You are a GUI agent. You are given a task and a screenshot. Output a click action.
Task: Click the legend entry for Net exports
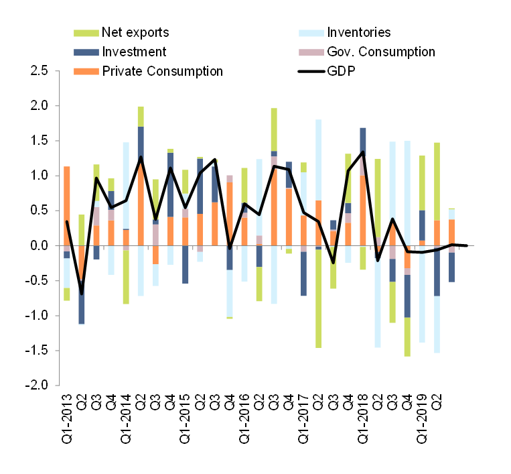click(x=135, y=32)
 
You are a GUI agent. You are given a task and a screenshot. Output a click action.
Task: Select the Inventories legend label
click(x=358, y=32)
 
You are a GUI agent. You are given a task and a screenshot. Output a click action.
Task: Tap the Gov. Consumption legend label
click(x=380, y=52)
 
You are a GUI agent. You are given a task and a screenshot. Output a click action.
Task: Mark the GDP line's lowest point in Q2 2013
click(x=82, y=293)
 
